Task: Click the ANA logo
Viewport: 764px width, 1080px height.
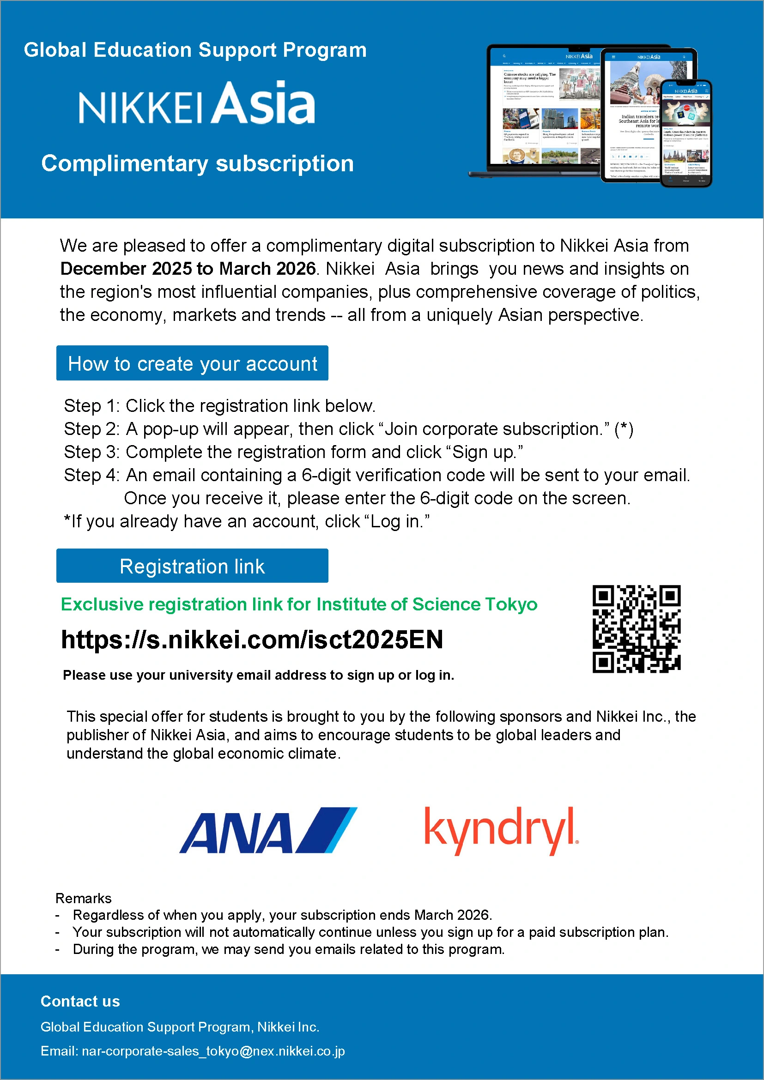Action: point(268,830)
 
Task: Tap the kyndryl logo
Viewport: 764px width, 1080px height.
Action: point(501,830)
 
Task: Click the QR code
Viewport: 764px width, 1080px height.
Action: point(636,629)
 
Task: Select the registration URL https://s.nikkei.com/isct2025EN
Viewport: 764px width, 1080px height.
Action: point(252,640)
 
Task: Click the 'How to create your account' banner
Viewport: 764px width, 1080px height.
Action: point(192,363)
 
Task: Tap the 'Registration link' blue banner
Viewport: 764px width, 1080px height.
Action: point(192,566)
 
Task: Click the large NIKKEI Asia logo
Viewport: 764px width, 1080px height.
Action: point(197,103)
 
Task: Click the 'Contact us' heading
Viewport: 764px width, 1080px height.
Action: point(80,1001)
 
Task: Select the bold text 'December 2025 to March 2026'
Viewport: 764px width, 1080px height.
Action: point(188,269)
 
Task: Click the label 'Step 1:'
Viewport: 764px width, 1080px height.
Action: point(92,406)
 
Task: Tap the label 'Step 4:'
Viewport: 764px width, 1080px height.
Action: point(92,475)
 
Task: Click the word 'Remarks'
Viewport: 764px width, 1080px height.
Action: point(83,898)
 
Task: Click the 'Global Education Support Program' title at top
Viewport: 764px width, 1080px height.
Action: point(195,50)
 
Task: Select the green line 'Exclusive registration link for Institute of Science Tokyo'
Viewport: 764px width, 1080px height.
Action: point(299,604)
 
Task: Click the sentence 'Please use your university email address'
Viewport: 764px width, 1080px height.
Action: point(258,675)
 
